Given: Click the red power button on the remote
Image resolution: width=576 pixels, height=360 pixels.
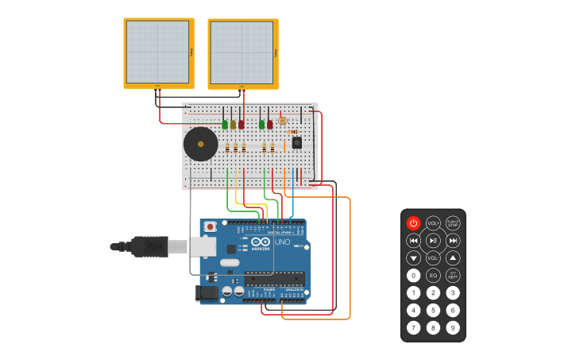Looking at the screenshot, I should pos(413,223).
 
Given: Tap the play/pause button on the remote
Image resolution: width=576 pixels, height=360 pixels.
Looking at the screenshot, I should pos(433,240).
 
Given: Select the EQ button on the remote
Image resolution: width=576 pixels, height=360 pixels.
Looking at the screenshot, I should pos(433,275).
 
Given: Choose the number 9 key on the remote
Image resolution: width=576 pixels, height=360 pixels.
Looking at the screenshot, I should pos(453,327).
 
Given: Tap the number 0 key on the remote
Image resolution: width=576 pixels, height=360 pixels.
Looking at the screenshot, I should pos(413,275).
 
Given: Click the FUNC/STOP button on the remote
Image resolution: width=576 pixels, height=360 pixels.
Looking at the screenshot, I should pos(453,223).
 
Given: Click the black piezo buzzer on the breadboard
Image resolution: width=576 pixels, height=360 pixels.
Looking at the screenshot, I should pos(200,145).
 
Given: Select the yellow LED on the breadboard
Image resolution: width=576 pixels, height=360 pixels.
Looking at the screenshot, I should pos(233,125).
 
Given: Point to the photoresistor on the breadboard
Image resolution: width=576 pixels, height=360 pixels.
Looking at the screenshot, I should pos(282,120).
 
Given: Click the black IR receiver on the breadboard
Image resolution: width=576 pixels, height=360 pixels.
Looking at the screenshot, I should pos(297,142).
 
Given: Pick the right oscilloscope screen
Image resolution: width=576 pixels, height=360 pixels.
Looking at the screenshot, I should pos(242,53).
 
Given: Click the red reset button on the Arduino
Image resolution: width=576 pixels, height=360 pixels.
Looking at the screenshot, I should pos(210,226).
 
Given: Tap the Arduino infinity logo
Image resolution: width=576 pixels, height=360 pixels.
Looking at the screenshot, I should pos(261,242).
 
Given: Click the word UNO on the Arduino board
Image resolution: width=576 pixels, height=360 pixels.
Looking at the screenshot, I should pos(282,242).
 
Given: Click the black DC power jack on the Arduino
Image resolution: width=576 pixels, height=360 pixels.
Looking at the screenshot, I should pos(207,292).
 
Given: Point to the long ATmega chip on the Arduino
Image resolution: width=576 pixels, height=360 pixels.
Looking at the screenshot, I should pos(274,278).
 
